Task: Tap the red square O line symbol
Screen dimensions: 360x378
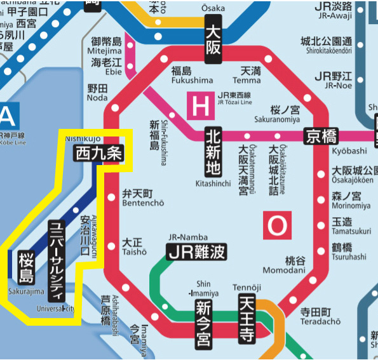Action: coord(277,225)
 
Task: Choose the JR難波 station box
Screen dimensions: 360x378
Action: coord(196,252)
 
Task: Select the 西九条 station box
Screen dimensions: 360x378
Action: coord(97,153)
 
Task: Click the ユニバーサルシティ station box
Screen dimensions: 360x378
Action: coord(57,260)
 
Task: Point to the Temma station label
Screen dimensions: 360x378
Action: coord(246,81)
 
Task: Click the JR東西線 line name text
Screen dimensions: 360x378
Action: coord(236,99)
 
